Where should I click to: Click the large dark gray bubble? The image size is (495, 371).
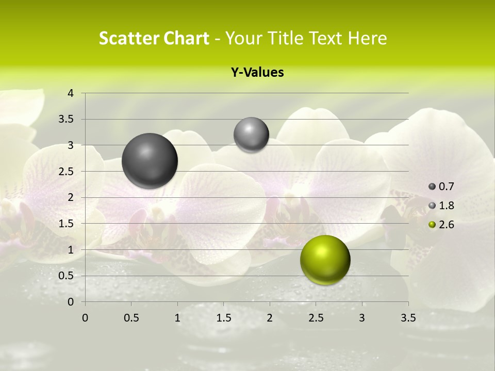[150, 161]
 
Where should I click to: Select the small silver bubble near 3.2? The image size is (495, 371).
[251, 135]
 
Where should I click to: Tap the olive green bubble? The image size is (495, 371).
[325, 260]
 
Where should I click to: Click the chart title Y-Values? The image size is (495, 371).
[257, 73]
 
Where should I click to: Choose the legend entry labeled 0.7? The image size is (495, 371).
[442, 187]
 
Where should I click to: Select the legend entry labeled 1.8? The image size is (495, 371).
[442, 206]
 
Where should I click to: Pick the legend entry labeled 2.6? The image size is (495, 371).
[442, 225]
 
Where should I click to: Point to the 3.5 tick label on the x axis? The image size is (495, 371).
[408, 318]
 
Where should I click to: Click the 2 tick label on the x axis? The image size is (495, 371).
[270, 318]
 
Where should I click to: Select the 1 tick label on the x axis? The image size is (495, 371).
[177, 318]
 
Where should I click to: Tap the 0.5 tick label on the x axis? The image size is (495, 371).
[131, 318]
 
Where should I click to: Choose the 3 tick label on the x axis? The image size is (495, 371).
[362, 318]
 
